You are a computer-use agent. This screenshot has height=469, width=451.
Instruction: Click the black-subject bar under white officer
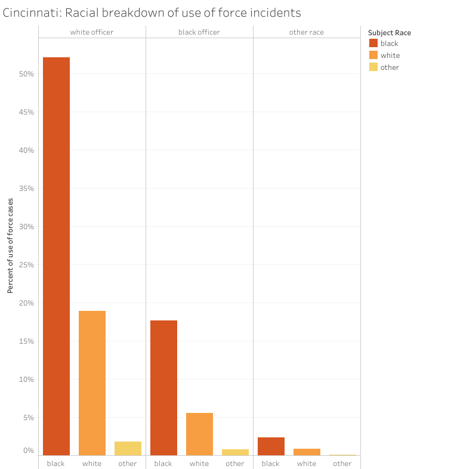56,257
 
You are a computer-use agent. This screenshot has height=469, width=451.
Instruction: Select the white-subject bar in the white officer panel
92,383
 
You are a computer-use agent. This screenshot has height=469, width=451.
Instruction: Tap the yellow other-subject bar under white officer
128,448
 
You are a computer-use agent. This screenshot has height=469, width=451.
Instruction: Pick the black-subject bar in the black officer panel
163,388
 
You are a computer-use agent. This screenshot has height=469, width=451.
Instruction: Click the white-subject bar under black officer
199,434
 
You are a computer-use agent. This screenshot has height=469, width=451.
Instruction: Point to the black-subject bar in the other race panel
271,446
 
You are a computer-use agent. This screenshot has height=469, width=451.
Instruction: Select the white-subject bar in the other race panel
307,452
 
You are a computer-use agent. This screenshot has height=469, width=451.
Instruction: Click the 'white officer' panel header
92,32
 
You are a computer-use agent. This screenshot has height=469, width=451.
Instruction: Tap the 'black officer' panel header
199,32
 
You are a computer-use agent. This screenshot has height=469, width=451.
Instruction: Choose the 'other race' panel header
307,32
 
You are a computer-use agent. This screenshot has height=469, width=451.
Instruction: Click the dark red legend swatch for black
373,43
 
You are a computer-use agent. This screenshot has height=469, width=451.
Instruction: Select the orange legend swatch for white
373,55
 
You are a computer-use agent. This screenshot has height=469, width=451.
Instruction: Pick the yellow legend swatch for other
373,67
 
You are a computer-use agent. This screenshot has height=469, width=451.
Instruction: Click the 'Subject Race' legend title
390,33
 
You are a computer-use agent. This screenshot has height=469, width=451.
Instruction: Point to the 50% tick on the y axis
26,74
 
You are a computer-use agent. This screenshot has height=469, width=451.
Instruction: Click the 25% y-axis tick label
26,265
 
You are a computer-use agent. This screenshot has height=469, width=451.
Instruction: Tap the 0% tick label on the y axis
29,451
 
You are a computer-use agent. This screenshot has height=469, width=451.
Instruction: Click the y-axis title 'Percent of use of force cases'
10,246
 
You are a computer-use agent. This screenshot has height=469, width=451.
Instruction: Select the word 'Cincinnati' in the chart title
32,13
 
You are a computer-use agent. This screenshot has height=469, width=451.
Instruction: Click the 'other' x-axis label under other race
342,464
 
